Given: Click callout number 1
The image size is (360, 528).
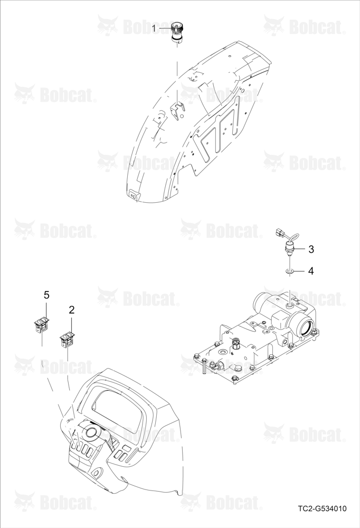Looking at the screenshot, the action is click(154, 29).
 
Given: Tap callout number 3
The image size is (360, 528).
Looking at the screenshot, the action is click(311, 249).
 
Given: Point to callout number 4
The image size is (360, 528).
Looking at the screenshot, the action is click(311, 271).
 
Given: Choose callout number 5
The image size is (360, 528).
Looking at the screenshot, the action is click(46, 295).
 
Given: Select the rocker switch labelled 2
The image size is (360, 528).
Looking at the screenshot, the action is click(68, 340).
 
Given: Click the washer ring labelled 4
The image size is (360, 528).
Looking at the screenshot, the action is click(289, 271).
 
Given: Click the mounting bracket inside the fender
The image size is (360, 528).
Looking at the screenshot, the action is click(177, 110).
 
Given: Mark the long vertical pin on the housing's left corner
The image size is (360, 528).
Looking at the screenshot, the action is click(205, 367).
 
